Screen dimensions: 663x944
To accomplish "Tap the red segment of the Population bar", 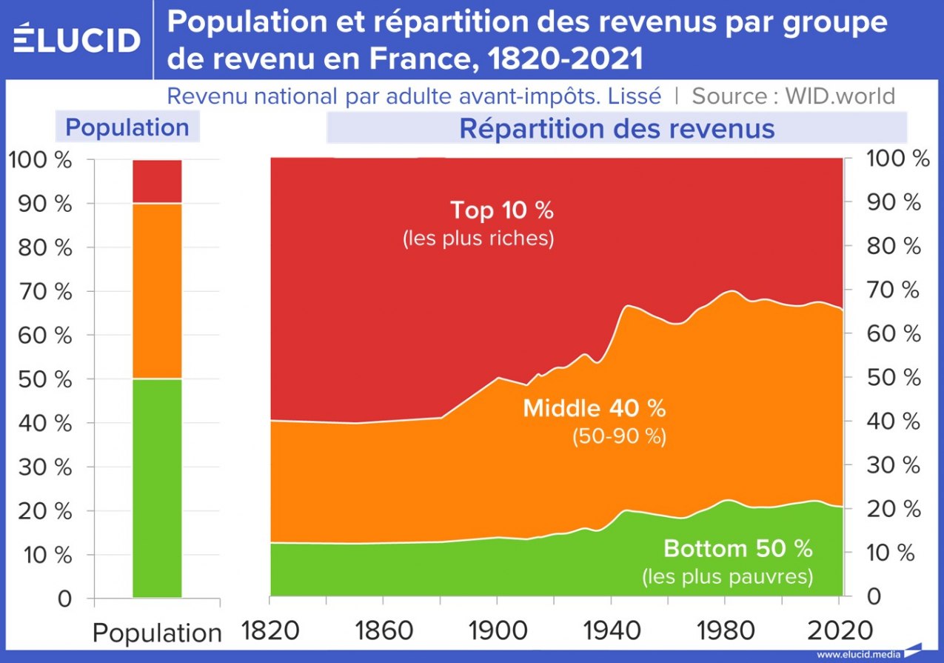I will click(x=157, y=181).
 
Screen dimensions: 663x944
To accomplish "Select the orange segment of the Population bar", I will click(x=157, y=290).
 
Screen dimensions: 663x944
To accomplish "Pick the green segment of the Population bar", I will click(x=157, y=487).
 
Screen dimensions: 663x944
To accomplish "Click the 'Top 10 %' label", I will click(x=502, y=210).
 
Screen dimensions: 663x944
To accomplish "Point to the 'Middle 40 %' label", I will click(x=595, y=408).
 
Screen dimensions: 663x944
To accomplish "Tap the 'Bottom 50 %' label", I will click(x=737, y=549).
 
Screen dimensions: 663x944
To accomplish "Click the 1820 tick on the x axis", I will click(x=270, y=631).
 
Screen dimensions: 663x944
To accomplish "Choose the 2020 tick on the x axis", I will click(x=840, y=631).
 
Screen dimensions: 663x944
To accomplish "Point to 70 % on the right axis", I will click(x=897, y=290).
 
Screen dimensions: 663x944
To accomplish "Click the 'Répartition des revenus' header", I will click(x=617, y=128).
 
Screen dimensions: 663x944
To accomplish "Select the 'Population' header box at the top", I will click(x=127, y=127).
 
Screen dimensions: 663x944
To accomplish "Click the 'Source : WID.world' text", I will click(x=793, y=96).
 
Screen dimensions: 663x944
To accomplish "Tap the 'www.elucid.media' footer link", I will click(x=857, y=655).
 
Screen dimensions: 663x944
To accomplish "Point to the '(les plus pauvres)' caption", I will click(x=727, y=576).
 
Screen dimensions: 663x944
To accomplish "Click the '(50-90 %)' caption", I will click(x=619, y=437).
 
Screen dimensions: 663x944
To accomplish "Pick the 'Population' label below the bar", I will click(x=157, y=633).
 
